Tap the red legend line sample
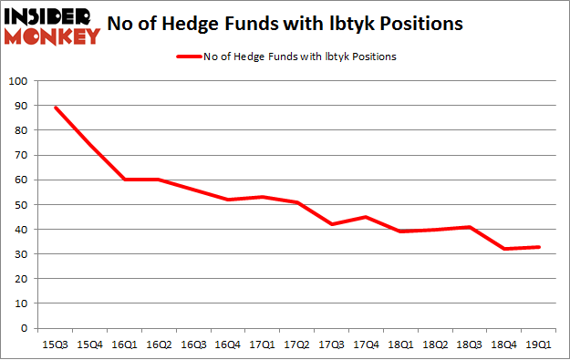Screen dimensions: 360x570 [x=189, y=57]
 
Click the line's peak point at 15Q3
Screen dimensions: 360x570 [x=57, y=108]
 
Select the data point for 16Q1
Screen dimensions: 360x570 [x=124, y=180]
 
